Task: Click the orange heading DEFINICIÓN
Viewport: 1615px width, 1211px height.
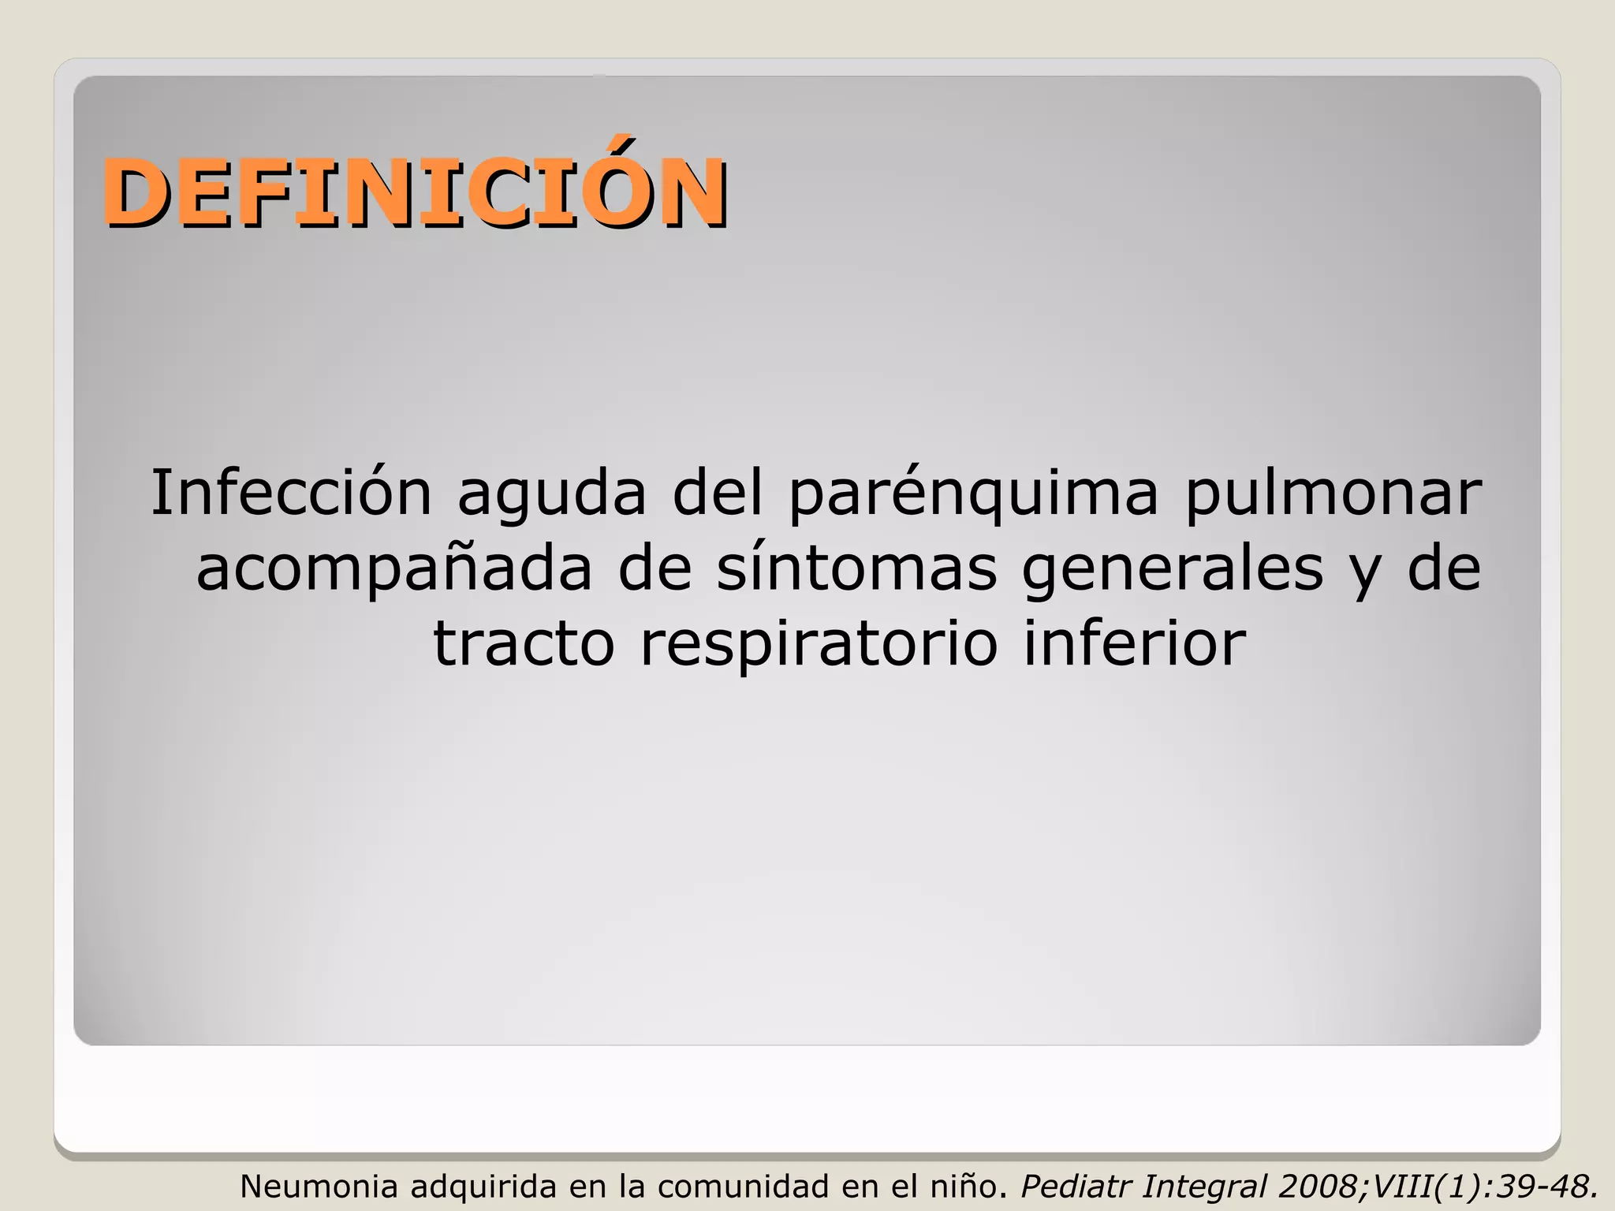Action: pyautogui.click(x=414, y=192)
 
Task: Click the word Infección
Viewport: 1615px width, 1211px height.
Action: pyautogui.click(x=291, y=493)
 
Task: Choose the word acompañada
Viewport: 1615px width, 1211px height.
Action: pyautogui.click(x=393, y=570)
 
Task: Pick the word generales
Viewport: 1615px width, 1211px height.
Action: pyautogui.click(x=1172, y=570)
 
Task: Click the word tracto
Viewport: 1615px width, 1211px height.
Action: pyautogui.click(x=524, y=643)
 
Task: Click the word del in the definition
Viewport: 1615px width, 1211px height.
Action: pyautogui.click(x=718, y=493)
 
